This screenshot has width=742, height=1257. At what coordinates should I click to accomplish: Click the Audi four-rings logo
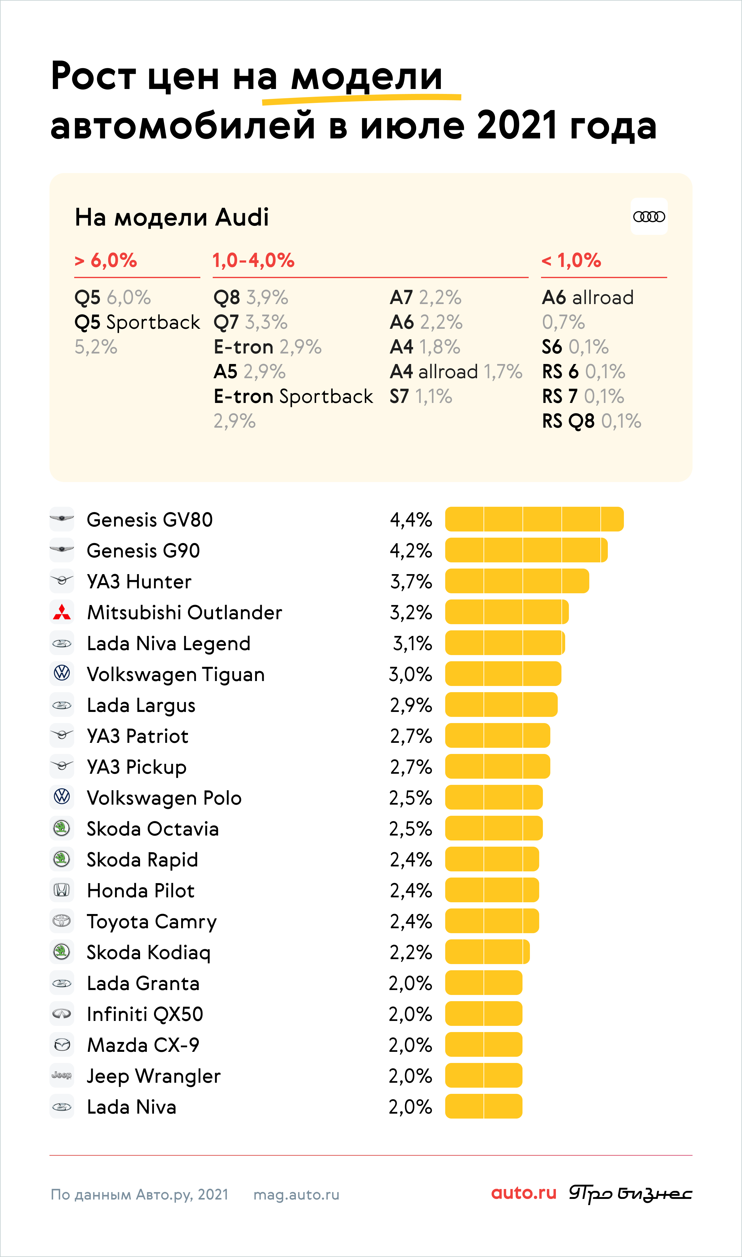tap(649, 216)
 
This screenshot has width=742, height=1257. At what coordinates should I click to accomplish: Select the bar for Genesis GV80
tap(534, 519)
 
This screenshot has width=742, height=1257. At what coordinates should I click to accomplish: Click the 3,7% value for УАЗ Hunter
tap(411, 582)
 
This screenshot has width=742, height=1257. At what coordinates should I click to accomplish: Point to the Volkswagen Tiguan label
tap(176, 675)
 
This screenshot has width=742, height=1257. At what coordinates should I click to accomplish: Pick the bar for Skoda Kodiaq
tap(487, 952)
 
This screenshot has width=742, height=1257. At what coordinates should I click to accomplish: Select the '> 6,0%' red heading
tap(105, 260)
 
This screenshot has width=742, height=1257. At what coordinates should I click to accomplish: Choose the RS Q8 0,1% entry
tap(591, 421)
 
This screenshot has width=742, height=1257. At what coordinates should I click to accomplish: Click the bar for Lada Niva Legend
tap(505, 643)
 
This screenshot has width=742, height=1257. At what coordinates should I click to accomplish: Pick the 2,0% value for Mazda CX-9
tap(410, 1045)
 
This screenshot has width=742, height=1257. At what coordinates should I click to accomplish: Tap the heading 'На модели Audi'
tap(172, 217)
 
